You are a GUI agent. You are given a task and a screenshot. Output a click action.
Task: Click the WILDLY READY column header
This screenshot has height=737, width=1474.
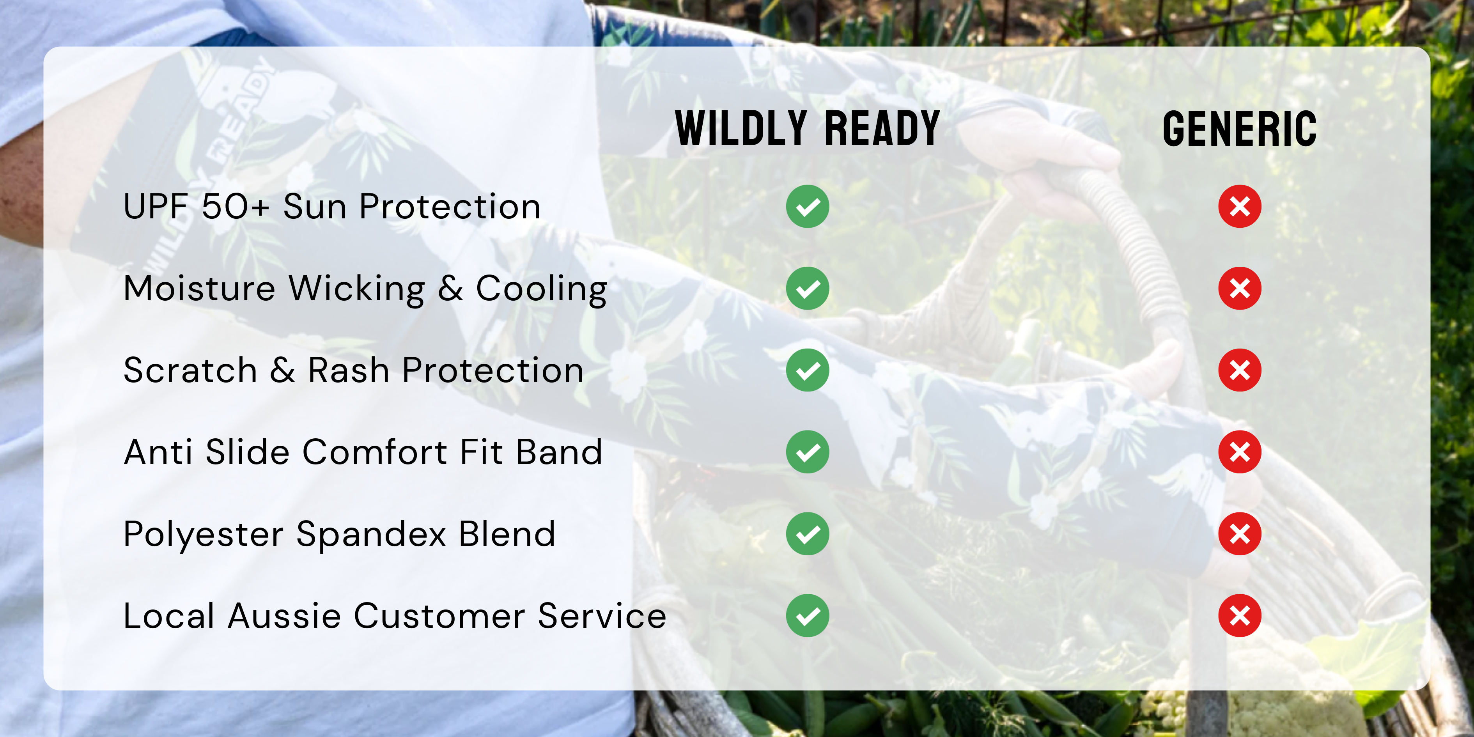tap(807, 128)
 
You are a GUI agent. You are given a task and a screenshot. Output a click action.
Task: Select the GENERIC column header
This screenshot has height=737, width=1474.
tap(1239, 129)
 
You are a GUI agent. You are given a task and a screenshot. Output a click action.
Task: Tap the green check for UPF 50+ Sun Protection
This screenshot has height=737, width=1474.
tap(807, 207)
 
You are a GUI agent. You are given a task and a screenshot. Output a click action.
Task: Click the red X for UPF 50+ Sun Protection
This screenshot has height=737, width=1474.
tap(1239, 207)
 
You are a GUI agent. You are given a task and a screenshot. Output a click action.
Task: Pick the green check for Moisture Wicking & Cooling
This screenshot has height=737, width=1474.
tap(807, 289)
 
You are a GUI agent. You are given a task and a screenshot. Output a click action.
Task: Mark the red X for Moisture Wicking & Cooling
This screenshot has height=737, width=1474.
tap(1239, 289)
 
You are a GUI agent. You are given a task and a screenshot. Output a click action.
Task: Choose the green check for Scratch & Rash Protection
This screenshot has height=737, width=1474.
tap(807, 370)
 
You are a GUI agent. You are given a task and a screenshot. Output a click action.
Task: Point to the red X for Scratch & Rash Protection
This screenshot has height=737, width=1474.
tap(1239, 370)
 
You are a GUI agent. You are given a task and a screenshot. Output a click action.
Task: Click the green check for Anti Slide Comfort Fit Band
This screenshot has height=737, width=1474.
tap(807, 452)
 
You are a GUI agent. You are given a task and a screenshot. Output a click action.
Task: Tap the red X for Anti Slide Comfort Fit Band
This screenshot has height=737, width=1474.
tap(1239, 452)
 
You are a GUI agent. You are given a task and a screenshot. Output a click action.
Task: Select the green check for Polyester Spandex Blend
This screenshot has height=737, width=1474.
tap(807, 534)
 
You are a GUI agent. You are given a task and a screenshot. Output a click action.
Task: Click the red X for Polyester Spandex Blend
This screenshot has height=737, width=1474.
tap(1239, 534)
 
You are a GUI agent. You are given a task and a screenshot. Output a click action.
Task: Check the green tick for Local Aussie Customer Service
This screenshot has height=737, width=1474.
tap(807, 616)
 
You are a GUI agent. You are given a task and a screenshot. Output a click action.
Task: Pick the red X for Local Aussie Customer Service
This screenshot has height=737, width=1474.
tap(1239, 616)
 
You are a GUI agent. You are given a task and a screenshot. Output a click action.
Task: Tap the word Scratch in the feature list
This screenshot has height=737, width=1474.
tap(190, 370)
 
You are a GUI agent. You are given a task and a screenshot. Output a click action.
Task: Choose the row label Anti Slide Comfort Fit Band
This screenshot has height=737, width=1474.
tap(363, 452)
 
